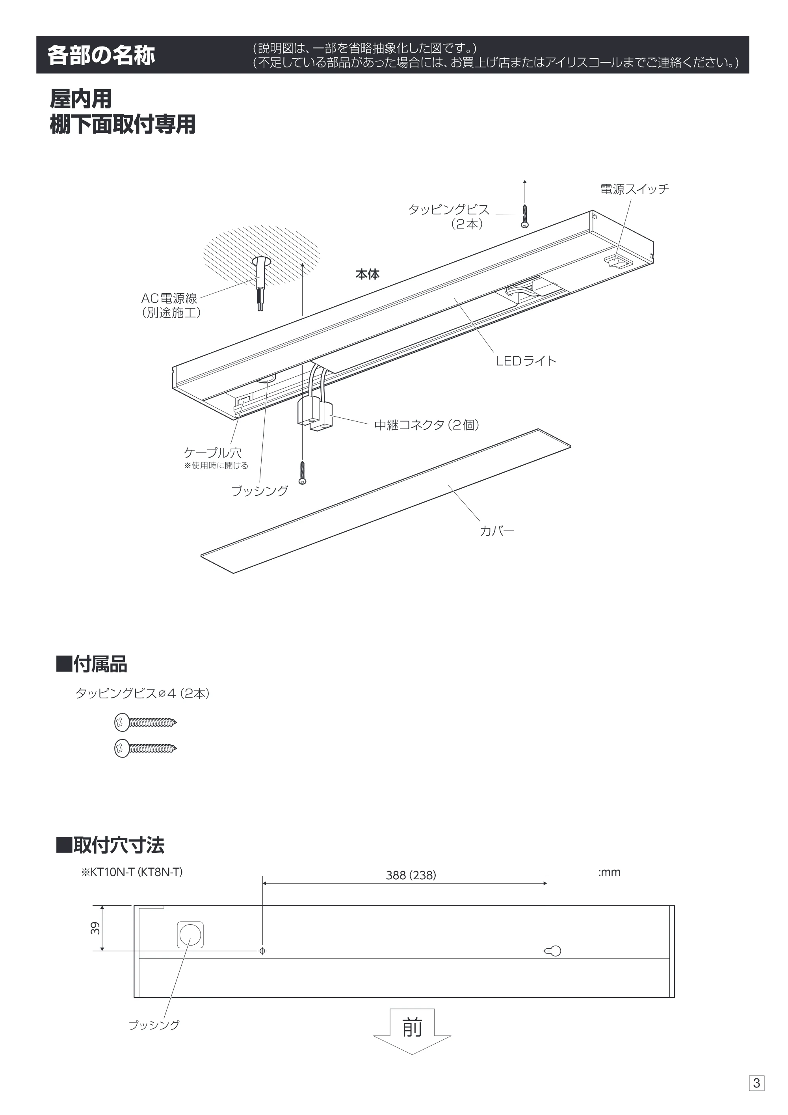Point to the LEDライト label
pos(526,361)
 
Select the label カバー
pos(497,531)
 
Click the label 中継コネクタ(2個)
pos(427,425)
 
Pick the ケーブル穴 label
pos(213,452)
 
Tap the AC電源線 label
pos(169,298)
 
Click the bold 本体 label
pos(368,274)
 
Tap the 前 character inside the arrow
pos(412,1028)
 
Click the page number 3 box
pos(756,1083)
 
